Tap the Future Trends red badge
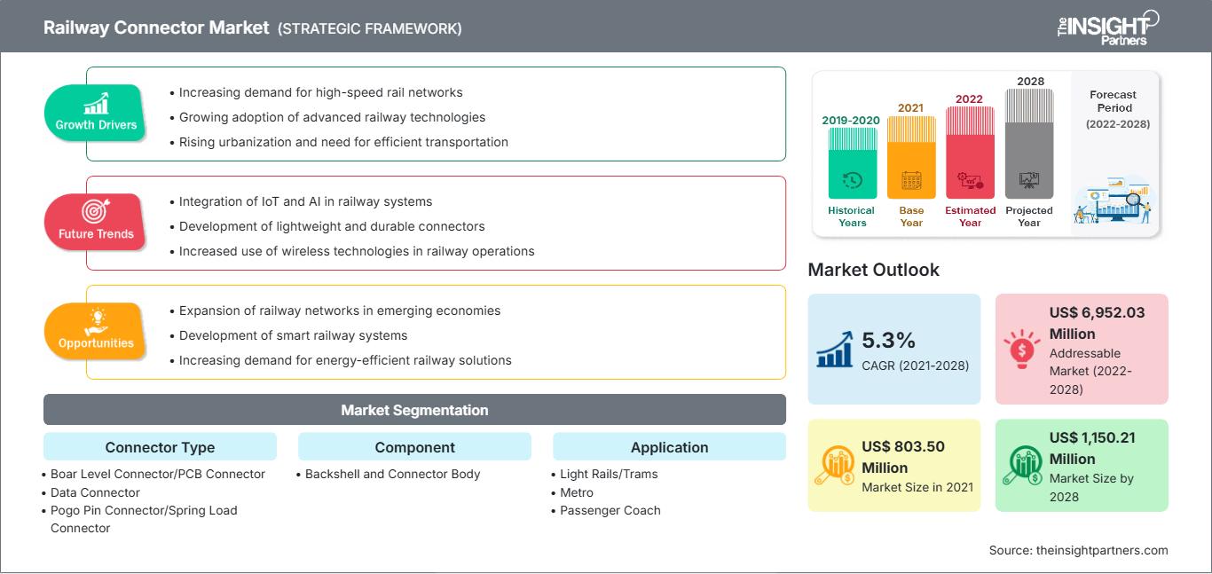[96, 223]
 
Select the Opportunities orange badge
[96, 332]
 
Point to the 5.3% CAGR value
[888, 341]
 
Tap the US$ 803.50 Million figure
[904, 457]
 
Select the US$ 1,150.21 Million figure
[1091, 448]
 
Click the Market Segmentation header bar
[414, 410]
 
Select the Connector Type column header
[160, 447]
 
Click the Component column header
[414, 447]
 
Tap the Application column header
[669, 447]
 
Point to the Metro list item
[577, 492]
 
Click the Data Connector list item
[95, 492]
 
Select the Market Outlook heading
[873, 270]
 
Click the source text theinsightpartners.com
[1078, 550]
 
